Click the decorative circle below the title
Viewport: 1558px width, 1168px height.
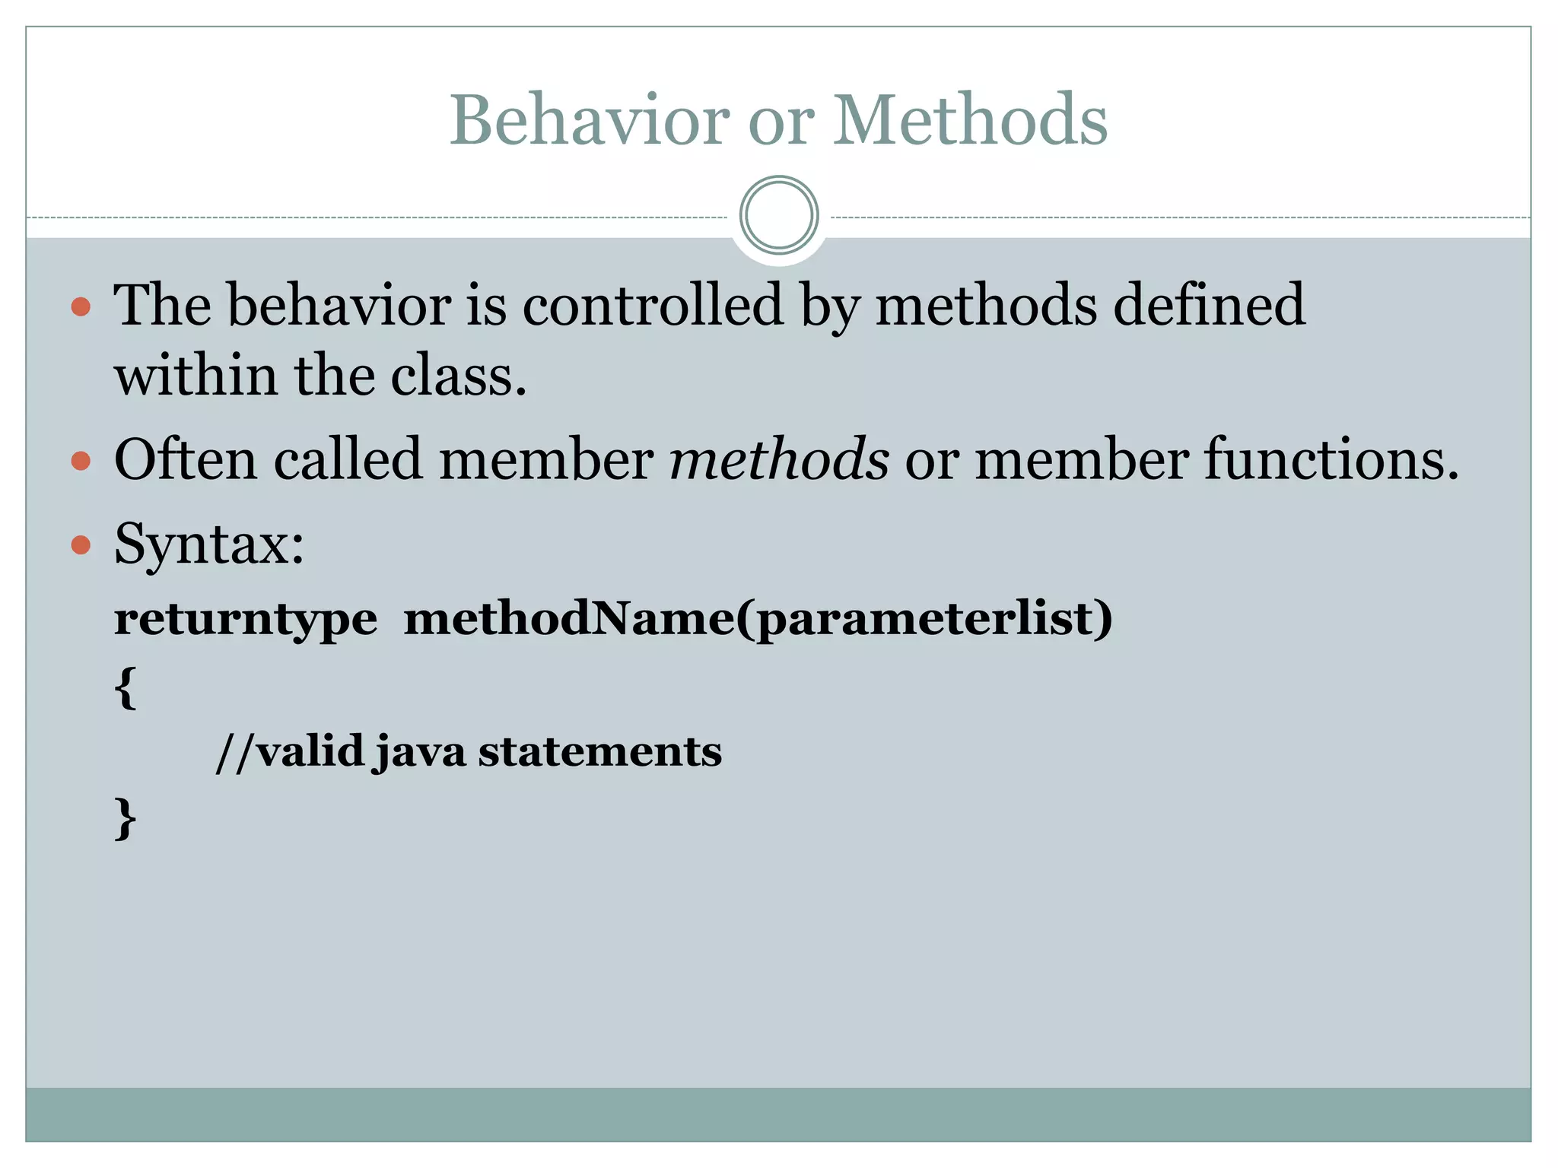coord(779,215)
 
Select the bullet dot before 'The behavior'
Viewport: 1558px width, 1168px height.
coord(81,307)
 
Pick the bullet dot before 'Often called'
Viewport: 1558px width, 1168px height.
coord(81,461)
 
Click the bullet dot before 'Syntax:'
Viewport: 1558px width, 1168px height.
coord(81,544)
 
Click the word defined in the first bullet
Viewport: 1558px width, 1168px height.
coord(1209,304)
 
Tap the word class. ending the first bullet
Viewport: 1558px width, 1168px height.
coord(459,376)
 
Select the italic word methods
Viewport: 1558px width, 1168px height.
coord(779,460)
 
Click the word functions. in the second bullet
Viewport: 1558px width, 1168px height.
coord(1331,460)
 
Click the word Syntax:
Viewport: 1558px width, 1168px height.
coord(209,546)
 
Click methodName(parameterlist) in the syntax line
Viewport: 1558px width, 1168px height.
coord(758,618)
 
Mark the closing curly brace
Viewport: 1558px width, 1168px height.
coord(126,819)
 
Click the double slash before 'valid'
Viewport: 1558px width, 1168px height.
coord(234,753)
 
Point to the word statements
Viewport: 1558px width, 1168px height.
coord(599,753)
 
